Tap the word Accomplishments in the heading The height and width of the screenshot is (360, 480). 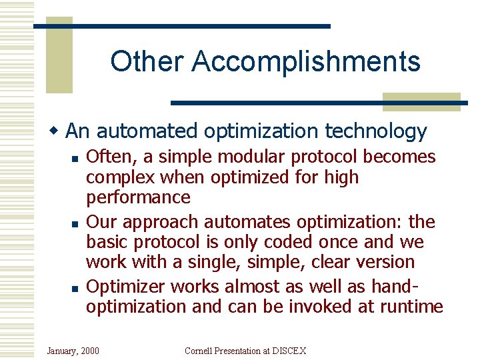[306, 61]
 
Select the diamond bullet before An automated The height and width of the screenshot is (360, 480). [58, 129]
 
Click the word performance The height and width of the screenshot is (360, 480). [138, 197]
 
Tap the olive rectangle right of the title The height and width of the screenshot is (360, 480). [421, 101]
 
